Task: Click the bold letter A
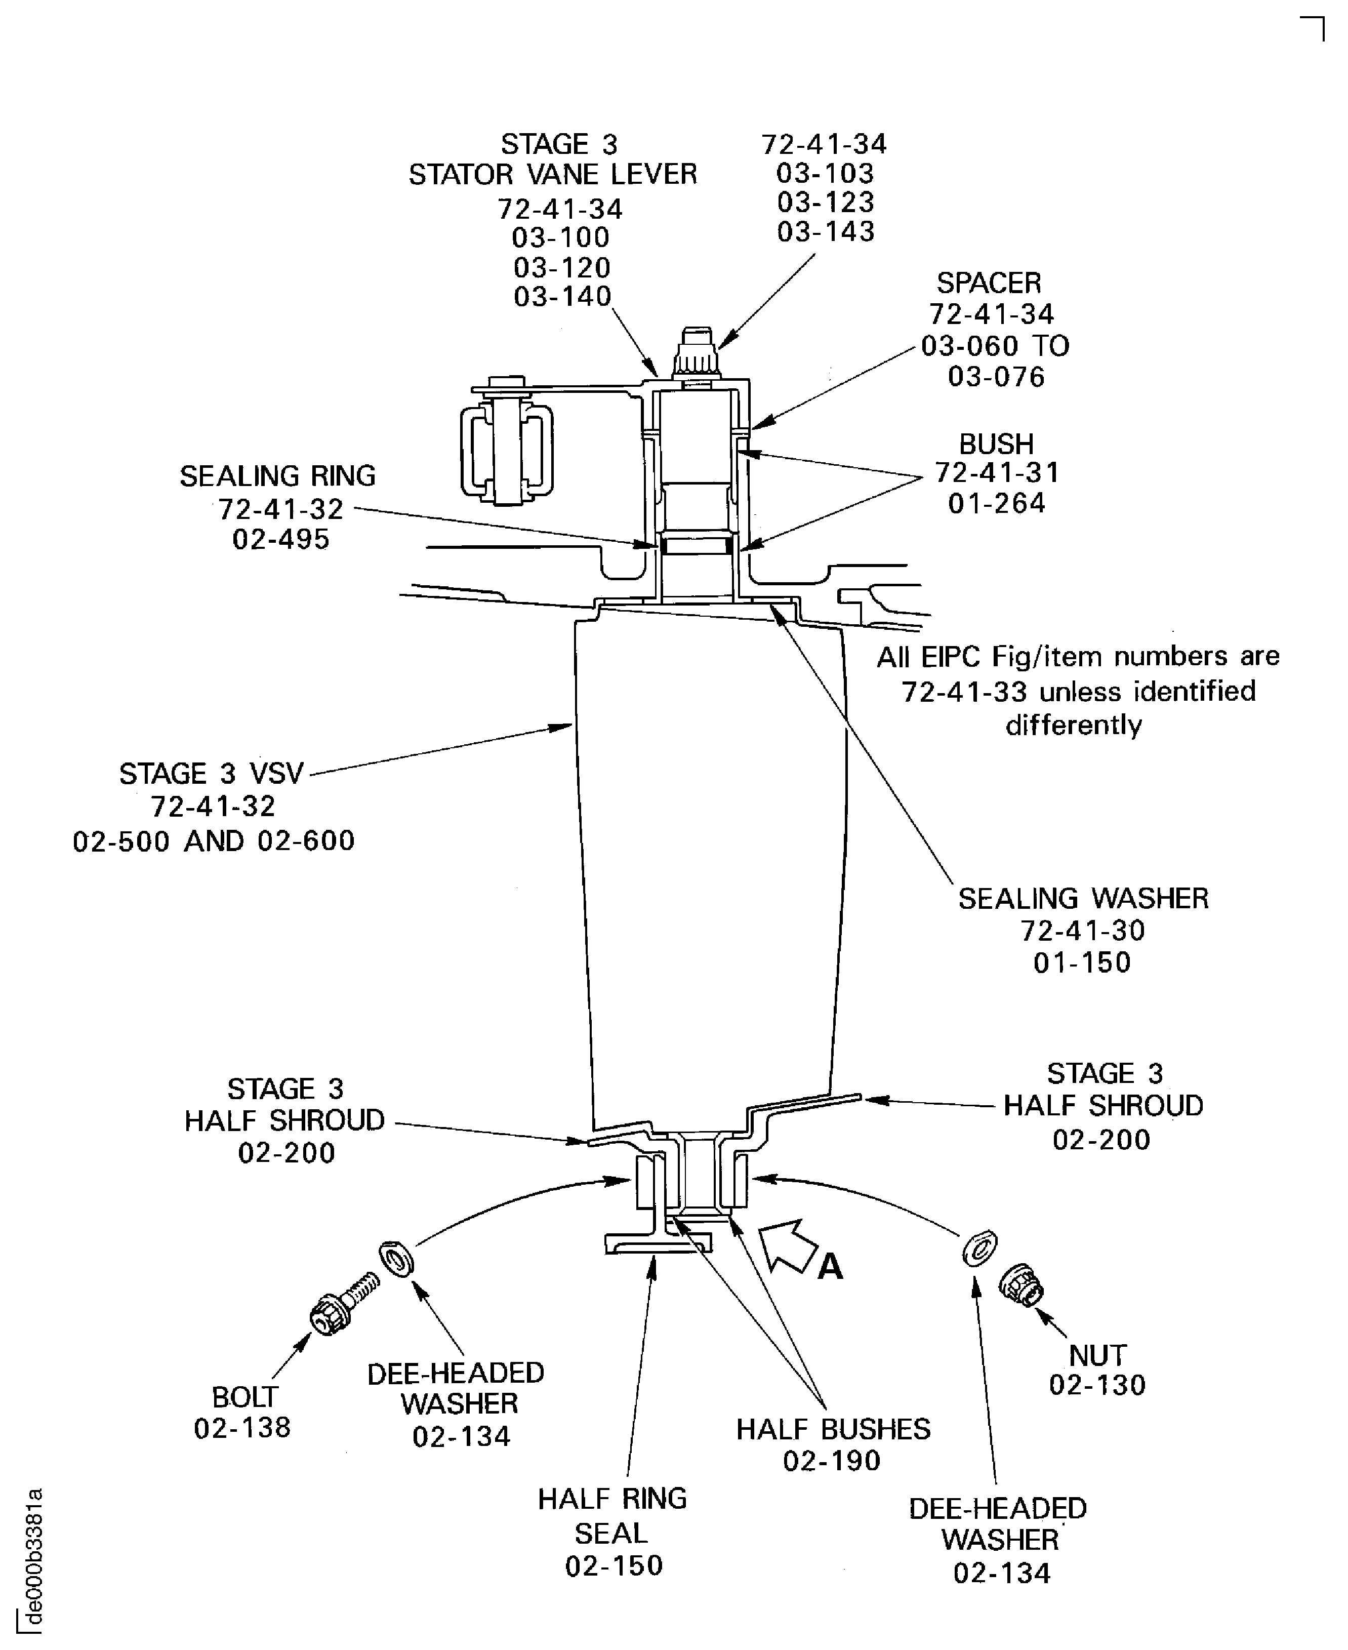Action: [830, 1266]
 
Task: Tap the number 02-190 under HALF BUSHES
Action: [832, 1461]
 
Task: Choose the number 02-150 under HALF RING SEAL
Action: [614, 1565]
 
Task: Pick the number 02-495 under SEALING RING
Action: [281, 539]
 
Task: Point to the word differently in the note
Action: [1074, 725]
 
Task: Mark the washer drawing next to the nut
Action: [979, 1248]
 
